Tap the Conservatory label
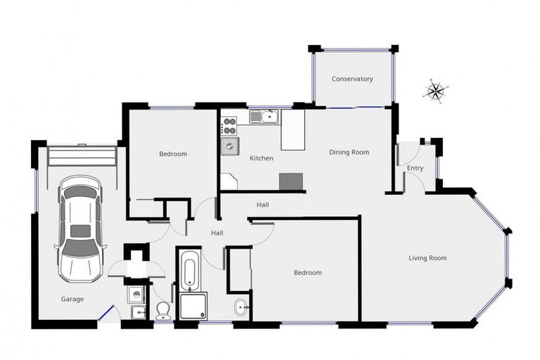point(352,79)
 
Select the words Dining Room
point(349,152)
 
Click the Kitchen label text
point(262,158)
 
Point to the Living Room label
point(427,258)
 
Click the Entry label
point(415,168)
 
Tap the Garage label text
point(72,299)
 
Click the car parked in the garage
point(81,227)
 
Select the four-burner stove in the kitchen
point(229,126)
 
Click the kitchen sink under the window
point(264,116)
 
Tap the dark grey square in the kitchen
point(291,181)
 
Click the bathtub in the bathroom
point(189,270)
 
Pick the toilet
point(163,309)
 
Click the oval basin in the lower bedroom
point(241,307)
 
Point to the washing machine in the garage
point(137,295)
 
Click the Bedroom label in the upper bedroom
point(173,154)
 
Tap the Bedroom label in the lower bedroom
point(307,272)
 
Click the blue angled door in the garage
point(106,311)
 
